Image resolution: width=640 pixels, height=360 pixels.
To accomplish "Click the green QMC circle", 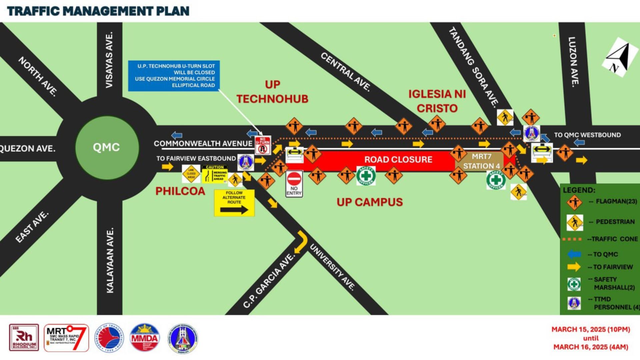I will [107, 147].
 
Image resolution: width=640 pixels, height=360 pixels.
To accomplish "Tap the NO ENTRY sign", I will [294, 184].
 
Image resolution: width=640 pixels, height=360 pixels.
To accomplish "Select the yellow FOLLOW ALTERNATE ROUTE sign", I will [234, 203].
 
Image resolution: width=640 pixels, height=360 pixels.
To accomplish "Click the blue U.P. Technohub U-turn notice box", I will [174, 76].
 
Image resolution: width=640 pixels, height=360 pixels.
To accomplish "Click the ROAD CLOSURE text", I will [398, 160].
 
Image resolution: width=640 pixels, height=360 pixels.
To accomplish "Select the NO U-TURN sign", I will [263, 145].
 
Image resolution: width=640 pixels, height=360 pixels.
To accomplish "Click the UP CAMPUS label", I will [369, 202].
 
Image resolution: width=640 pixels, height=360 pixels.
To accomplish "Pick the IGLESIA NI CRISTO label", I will [437, 101].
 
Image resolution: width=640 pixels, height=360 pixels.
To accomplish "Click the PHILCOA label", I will [180, 191].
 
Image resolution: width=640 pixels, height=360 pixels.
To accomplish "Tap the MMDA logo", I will [144, 338].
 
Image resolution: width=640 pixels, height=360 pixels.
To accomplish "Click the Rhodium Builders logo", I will [24, 338].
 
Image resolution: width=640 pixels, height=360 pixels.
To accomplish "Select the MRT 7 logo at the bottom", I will [66, 338].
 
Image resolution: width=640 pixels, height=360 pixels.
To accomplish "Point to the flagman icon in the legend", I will [574, 202].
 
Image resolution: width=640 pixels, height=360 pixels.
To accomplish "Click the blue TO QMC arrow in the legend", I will [574, 254].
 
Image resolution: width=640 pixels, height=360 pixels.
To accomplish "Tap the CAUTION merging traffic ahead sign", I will [215, 174].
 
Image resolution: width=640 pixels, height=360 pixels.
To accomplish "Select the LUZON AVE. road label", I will [573, 62].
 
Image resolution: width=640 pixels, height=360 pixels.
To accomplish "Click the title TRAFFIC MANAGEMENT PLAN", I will [98, 11].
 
